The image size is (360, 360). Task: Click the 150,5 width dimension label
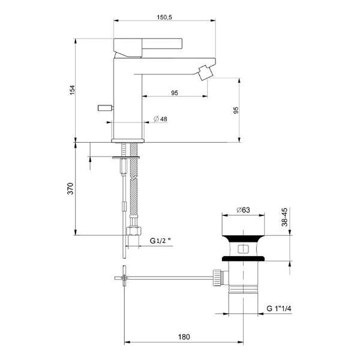pyautogui.click(x=164, y=17)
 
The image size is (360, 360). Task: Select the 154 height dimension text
pyautogui.click(x=73, y=89)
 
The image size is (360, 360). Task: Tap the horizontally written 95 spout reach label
pyautogui.click(x=175, y=92)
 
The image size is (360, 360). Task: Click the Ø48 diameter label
pyautogui.click(x=160, y=119)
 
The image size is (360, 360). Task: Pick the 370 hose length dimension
pyautogui.click(x=70, y=189)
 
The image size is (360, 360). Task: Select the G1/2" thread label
pyautogui.click(x=160, y=241)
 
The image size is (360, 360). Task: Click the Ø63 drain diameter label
pyautogui.click(x=243, y=210)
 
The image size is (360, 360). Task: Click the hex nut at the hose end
pyautogui.click(x=134, y=232)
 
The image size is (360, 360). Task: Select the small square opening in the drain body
pyautogui.click(x=243, y=248)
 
